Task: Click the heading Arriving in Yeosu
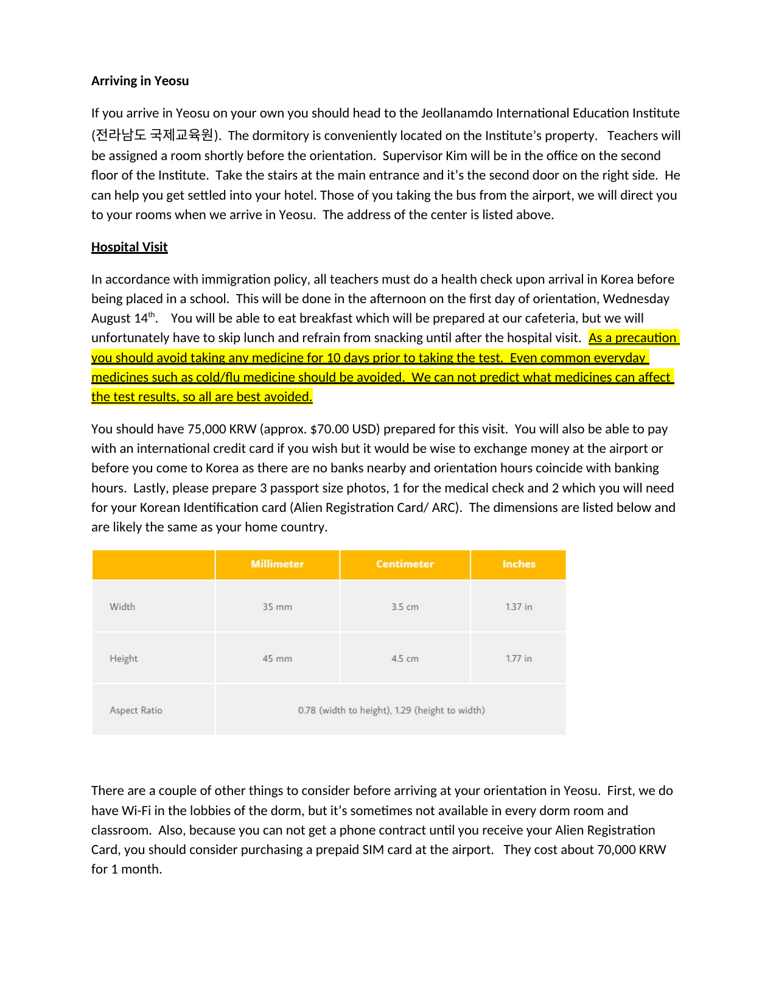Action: [140, 81]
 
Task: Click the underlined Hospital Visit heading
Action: [129, 247]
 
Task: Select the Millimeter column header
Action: [277, 564]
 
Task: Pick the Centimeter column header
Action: [405, 564]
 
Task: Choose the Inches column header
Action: [519, 564]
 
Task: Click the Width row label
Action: [122, 607]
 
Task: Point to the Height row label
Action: [124, 659]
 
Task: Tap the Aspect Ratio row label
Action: [136, 710]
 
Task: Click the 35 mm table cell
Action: [277, 607]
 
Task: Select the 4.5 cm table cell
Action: [405, 659]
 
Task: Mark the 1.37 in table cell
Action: [519, 607]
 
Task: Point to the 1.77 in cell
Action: [519, 659]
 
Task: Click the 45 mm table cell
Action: [277, 659]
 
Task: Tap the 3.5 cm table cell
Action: [405, 607]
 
